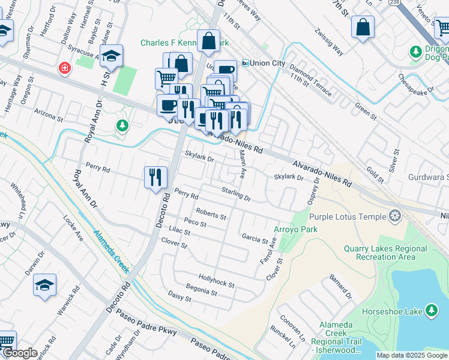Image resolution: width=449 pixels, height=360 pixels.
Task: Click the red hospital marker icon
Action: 64,69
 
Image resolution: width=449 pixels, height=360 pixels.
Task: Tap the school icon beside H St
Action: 111,56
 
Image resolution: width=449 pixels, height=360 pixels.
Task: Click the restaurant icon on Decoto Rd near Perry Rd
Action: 155,177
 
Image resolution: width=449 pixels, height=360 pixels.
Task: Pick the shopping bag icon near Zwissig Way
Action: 363,27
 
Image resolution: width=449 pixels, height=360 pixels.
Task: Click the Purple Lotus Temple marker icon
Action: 394,215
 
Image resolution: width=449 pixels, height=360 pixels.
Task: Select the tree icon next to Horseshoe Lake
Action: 431,310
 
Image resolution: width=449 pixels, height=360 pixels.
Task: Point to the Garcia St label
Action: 254,239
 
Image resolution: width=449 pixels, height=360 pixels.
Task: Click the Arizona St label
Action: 49,113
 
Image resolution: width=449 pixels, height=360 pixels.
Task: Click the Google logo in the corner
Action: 19,353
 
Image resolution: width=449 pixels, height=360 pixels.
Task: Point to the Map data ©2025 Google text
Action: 412,355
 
